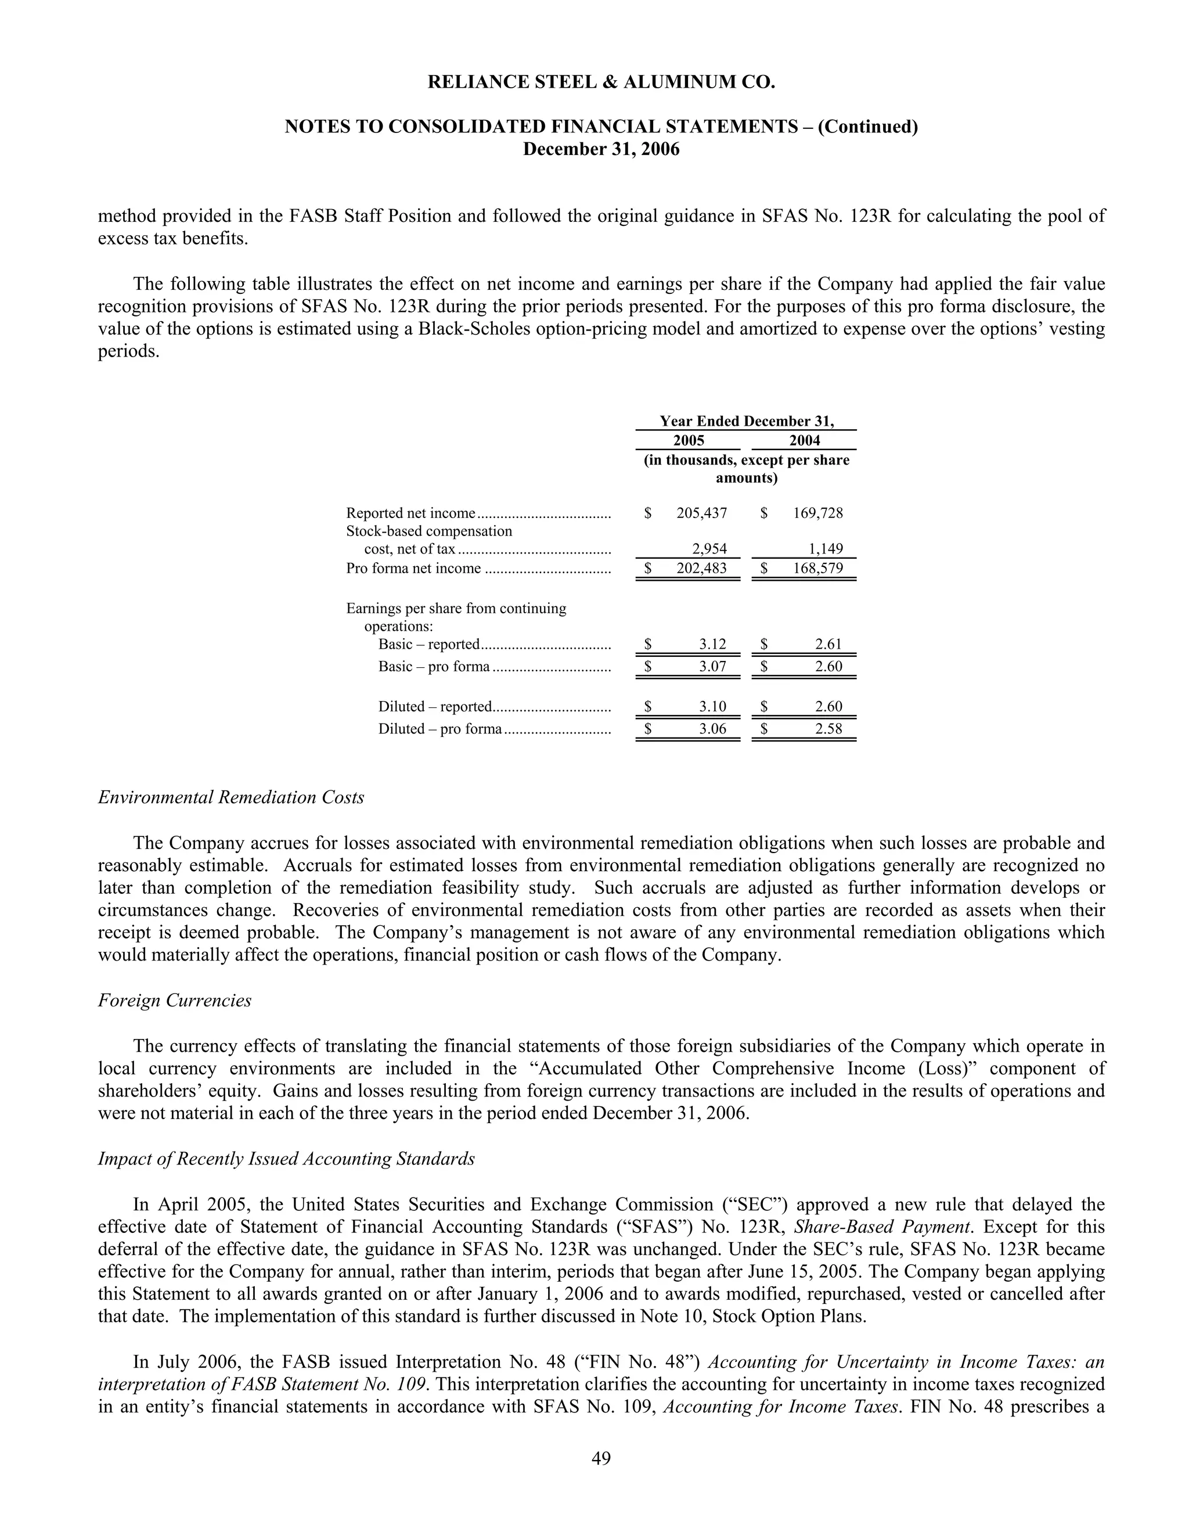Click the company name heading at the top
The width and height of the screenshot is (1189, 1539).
pos(601,83)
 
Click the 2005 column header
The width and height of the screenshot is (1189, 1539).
pos(688,440)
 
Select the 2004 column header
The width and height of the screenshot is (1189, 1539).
pos(805,440)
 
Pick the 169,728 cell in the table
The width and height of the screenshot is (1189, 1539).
pos(818,513)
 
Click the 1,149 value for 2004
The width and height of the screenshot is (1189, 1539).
pos(826,549)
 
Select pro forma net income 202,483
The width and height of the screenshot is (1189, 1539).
pos(701,569)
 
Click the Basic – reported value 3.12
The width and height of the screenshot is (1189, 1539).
pos(712,644)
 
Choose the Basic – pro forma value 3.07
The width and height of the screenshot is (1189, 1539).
pos(712,667)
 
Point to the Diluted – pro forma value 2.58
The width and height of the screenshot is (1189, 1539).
pos(828,729)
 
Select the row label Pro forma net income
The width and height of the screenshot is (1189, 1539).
pos(413,569)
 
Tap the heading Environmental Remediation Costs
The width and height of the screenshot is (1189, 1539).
pos(231,798)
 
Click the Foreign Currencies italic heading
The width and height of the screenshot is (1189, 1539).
pos(175,1001)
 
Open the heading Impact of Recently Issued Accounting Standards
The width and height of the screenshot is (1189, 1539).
pos(286,1159)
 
